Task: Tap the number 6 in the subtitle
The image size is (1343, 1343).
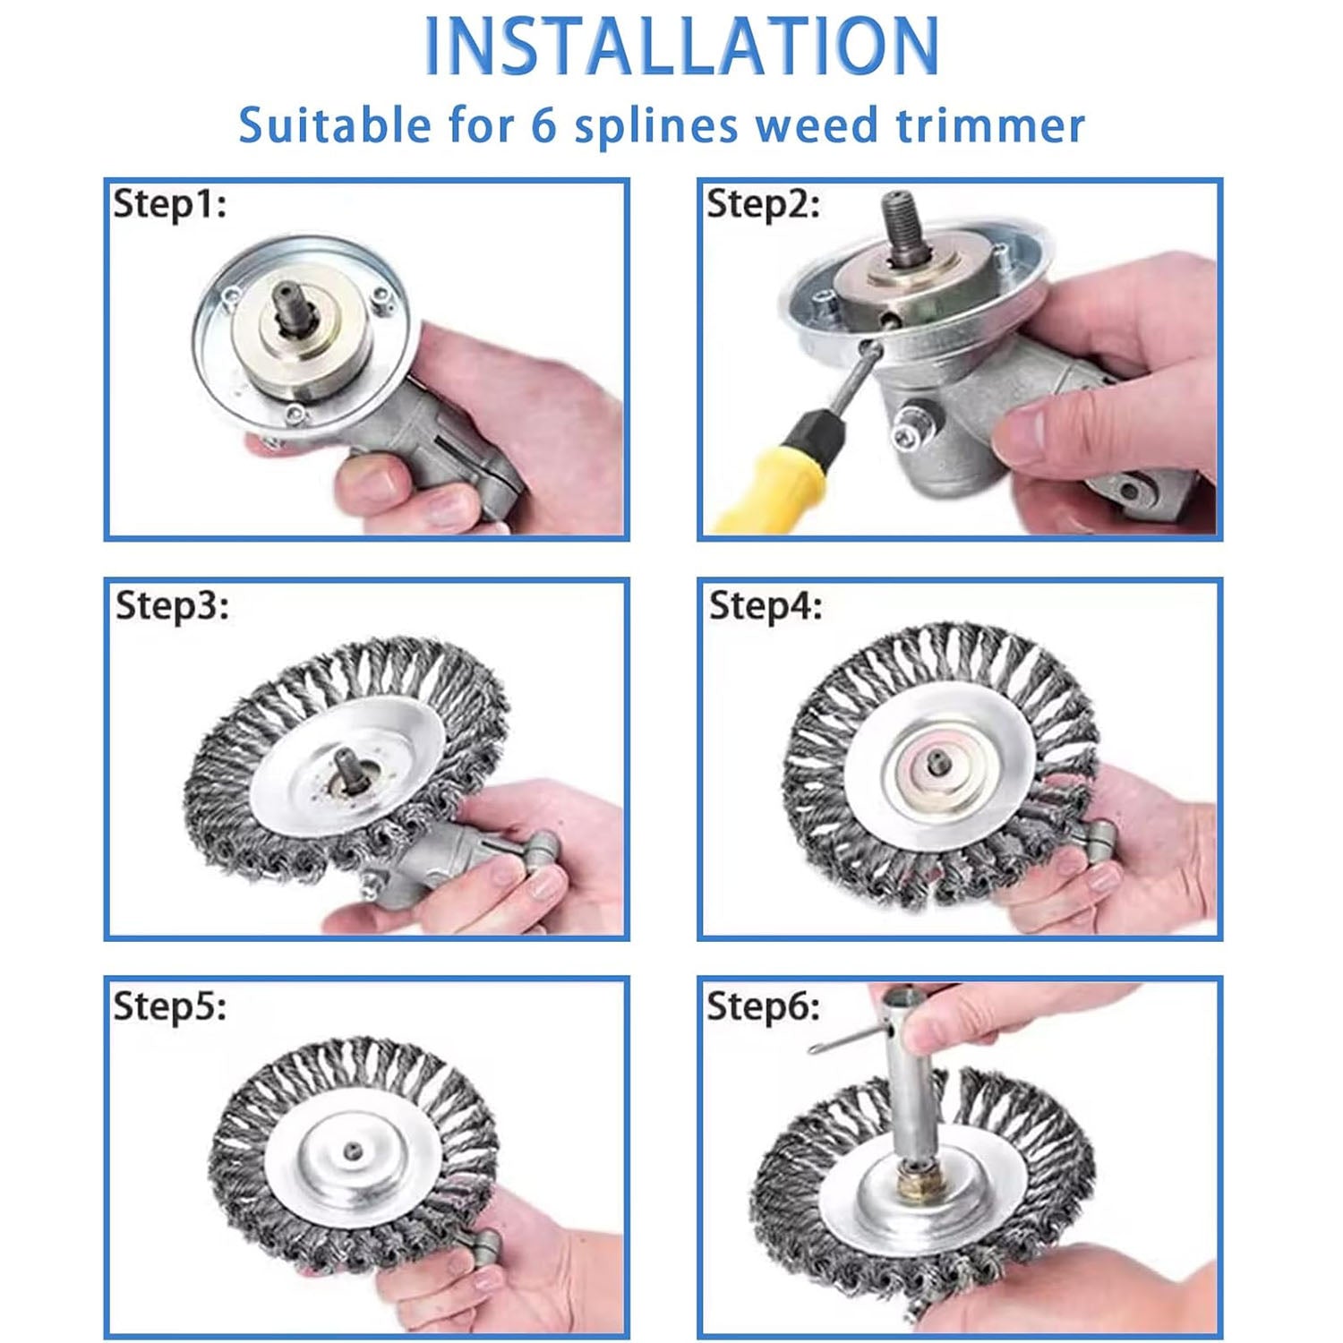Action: coord(543,124)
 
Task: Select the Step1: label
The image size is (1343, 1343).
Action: coord(169,204)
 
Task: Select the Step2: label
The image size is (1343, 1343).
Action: coord(763,204)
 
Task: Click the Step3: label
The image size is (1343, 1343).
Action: coord(172,605)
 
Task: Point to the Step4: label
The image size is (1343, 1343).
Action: coord(766,606)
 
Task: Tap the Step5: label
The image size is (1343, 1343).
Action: coord(169,1005)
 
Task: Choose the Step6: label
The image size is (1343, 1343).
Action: coord(763,1005)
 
